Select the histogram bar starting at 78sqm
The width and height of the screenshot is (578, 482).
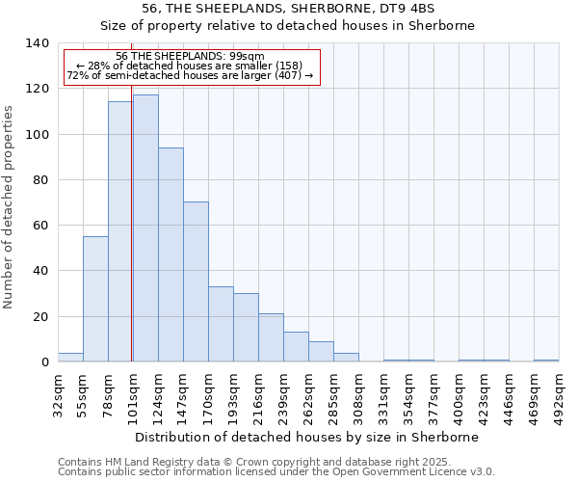pos(120,231)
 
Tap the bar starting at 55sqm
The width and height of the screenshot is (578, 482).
pos(95,299)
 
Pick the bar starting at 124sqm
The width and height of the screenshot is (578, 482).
pos(171,254)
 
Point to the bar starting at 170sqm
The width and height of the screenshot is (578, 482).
pos(221,324)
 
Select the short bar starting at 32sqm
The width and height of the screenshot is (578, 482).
pos(70,357)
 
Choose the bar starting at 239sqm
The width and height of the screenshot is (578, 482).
pos(296,347)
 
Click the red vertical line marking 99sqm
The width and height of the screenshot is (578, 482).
pos(131,241)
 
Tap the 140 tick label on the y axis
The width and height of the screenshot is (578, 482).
pos(37,43)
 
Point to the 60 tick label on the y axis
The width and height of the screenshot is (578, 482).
pos(40,226)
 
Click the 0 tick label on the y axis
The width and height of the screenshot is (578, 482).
pos(44,362)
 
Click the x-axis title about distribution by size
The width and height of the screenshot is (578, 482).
pos(307,437)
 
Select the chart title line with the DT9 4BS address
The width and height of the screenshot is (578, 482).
pos(289,9)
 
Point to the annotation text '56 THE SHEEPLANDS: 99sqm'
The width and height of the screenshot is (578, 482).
pos(190,57)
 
